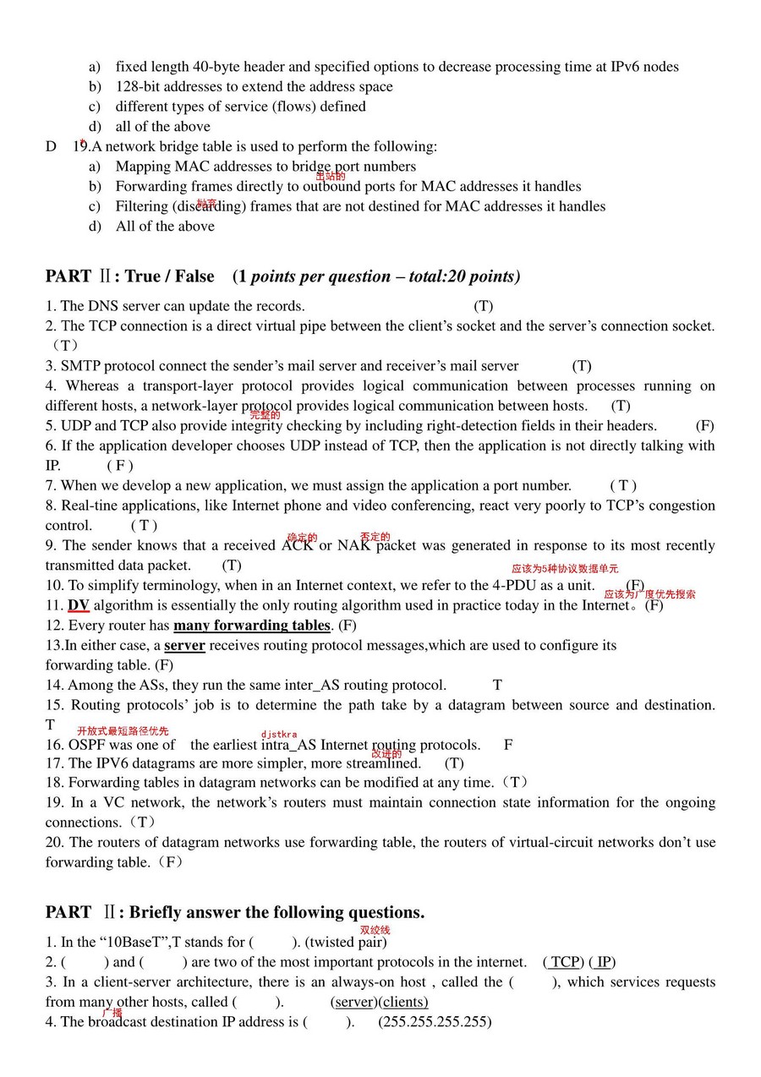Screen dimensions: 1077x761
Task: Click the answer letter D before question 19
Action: coord(51,146)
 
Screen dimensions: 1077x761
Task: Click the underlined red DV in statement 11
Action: coord(79,605)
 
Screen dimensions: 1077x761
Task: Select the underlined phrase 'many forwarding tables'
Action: coord(251,626)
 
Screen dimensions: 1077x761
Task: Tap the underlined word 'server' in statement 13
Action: coord(184,646)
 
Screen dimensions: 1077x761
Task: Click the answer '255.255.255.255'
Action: coord(435,1022)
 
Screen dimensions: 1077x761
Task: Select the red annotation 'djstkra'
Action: coord(279,734)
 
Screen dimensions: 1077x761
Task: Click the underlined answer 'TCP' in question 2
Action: coord(565,962)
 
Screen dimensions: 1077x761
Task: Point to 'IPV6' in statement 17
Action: coord(112,763)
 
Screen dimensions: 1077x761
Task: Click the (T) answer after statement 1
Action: coord(483,306)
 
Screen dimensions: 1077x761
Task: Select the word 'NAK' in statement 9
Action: coord(353,545)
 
